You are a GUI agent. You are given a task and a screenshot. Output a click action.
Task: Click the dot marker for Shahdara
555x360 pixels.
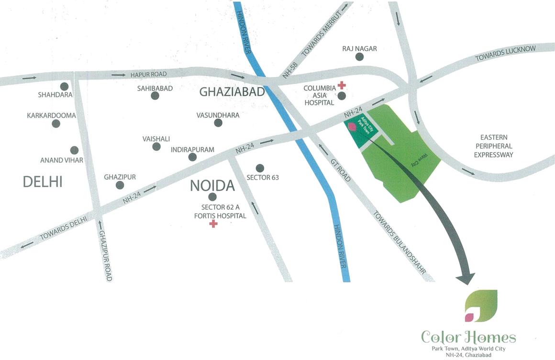pos(64,86)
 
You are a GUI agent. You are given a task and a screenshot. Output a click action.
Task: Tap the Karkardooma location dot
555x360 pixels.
pos(56,124)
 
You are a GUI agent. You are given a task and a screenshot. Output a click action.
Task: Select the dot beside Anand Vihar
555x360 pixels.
pos(74,150)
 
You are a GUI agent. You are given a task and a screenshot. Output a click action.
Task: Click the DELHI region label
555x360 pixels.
pos(43,182)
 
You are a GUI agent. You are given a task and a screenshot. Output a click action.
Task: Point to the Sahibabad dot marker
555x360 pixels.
pos(155,96)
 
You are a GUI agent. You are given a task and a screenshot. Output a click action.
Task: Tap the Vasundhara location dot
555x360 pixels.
pos(218,123)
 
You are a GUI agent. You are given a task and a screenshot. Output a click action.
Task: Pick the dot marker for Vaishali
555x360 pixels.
pos(156,146)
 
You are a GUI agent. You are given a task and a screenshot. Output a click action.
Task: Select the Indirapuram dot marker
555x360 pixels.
pos(192,157)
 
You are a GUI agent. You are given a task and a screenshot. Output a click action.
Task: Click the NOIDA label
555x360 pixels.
pos(212,186)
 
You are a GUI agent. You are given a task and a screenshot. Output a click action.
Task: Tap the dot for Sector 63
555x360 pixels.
pos(260,168)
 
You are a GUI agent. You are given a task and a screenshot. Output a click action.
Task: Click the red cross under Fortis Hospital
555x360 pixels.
pos(213,224)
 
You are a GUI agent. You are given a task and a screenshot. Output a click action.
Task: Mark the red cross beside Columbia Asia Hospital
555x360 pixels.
pos(342,85)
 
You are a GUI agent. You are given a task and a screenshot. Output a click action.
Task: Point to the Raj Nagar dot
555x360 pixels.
pos(359,57)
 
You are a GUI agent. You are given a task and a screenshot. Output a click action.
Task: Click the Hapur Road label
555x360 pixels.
pos(148,74)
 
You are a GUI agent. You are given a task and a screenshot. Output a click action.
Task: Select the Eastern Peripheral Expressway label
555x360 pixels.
pos(493,146)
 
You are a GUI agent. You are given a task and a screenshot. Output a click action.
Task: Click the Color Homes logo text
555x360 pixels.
pos(468,337)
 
